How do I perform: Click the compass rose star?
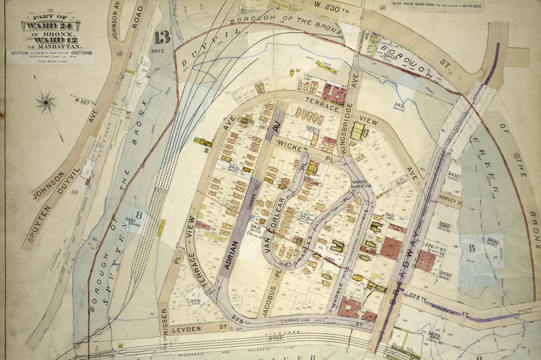[x=46, y=101]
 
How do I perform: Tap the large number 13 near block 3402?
[x=162, y=38]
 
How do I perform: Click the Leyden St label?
[x=200, y=328]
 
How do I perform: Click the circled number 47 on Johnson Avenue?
[x=119, y=53]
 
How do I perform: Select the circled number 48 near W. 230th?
[x=382, y=7]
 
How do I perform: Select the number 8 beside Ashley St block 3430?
[x=471, y=247]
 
